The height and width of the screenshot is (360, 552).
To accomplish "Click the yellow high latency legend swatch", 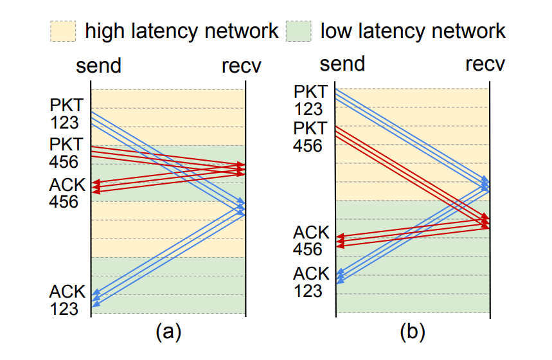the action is (x=63, y=32).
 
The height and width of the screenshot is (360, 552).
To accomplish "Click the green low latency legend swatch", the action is (x=299, y=32).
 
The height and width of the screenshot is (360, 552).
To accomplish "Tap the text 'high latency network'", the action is (x=182, y=31).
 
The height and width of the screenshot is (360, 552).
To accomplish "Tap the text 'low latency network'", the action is (x=413, y=31).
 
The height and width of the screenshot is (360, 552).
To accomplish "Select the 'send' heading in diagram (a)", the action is (x=98, y=66).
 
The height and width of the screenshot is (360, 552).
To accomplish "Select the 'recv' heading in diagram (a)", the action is (x=242, y=66).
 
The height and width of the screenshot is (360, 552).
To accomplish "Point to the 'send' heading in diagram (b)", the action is (x=342, y=64).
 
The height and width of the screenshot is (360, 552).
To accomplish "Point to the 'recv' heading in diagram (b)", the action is (x=485, y=64).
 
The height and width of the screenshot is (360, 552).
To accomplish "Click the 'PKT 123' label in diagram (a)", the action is (x=67, y=114).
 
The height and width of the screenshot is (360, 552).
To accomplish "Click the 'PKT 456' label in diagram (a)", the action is (x=66, y=153).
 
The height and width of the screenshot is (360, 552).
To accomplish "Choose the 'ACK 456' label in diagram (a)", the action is (x=67, y=193).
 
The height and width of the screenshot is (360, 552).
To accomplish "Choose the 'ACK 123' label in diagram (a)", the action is (x=67, y=300).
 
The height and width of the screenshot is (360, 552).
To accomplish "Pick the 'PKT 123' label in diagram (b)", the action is (x=310, y=100).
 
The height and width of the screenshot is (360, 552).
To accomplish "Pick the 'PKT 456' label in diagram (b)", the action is (x=310, y=137).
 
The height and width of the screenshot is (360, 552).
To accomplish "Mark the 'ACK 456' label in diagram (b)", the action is (x=311, y=240).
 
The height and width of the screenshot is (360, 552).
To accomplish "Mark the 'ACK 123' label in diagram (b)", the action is (x=311, y=282).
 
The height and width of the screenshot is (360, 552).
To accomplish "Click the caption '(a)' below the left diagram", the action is (x=168, y=332).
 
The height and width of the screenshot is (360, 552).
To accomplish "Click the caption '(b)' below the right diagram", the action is (x=413, y=332).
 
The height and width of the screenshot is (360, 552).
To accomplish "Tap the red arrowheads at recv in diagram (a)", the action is (x=241, y=169).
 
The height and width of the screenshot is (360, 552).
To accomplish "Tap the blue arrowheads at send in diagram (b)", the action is (x=341, y=276).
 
